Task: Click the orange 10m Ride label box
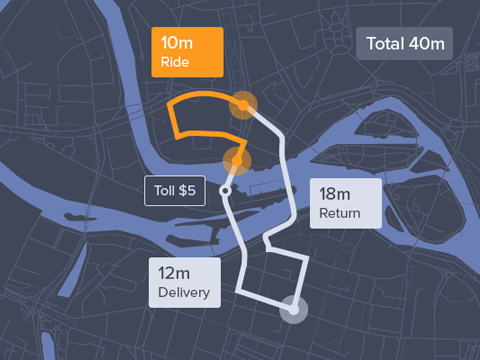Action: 186,52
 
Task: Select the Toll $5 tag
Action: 175,189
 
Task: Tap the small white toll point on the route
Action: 227,189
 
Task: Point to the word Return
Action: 341,213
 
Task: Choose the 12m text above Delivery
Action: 174,272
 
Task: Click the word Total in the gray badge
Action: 386,44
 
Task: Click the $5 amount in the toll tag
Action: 188,189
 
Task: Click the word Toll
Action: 164,189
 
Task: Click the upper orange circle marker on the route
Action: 244,105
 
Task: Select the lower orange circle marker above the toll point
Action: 237,158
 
